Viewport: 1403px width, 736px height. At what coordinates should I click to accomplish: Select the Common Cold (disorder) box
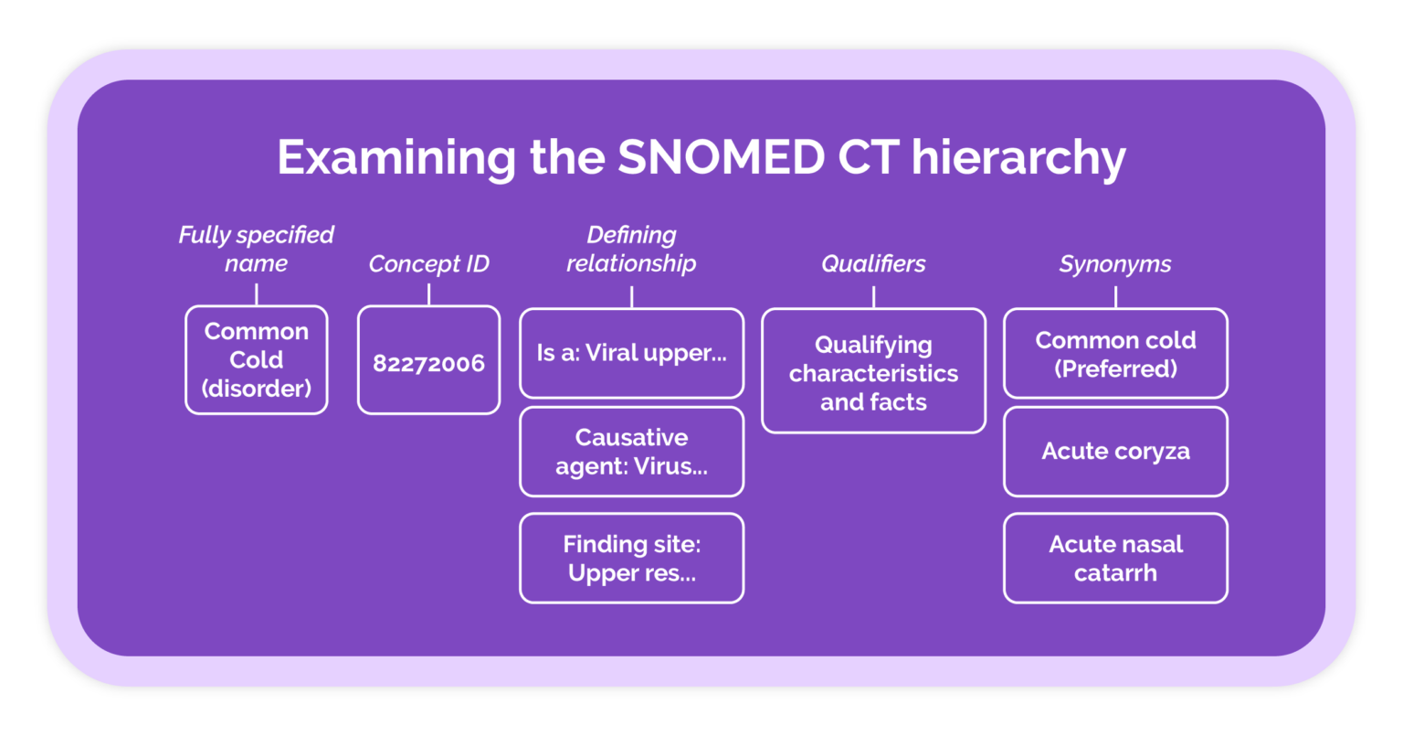[257, 360]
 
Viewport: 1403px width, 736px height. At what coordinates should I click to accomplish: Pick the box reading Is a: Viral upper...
[631, 353]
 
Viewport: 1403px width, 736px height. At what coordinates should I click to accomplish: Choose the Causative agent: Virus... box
[631, 452]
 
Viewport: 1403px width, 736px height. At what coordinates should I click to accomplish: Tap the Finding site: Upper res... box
[631, 558]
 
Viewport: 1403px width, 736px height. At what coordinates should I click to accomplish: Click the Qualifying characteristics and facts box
[873, 373]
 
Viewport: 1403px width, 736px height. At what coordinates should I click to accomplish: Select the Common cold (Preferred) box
[1115, 354]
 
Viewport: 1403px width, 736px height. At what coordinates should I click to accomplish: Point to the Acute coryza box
[1115, 452]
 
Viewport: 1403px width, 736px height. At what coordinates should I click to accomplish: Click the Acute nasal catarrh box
[1115, 558]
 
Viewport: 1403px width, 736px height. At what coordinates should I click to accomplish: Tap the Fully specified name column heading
[256, 249]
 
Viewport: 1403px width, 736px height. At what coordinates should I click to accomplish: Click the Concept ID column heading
[428, 264]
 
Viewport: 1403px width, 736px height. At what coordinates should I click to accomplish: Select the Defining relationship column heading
[631, 249]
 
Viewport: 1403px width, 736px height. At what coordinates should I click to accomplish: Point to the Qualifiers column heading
[873, 264]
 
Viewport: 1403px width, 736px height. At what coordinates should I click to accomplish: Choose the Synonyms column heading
[1115, 264]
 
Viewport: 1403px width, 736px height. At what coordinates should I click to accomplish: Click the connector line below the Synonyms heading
[1115, 296]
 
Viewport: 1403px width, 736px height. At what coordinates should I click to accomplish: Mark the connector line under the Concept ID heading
[428, 294]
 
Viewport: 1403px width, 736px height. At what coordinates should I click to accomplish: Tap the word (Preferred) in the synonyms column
[1115, 369]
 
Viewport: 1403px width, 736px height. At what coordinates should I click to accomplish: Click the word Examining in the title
[396, 159]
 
